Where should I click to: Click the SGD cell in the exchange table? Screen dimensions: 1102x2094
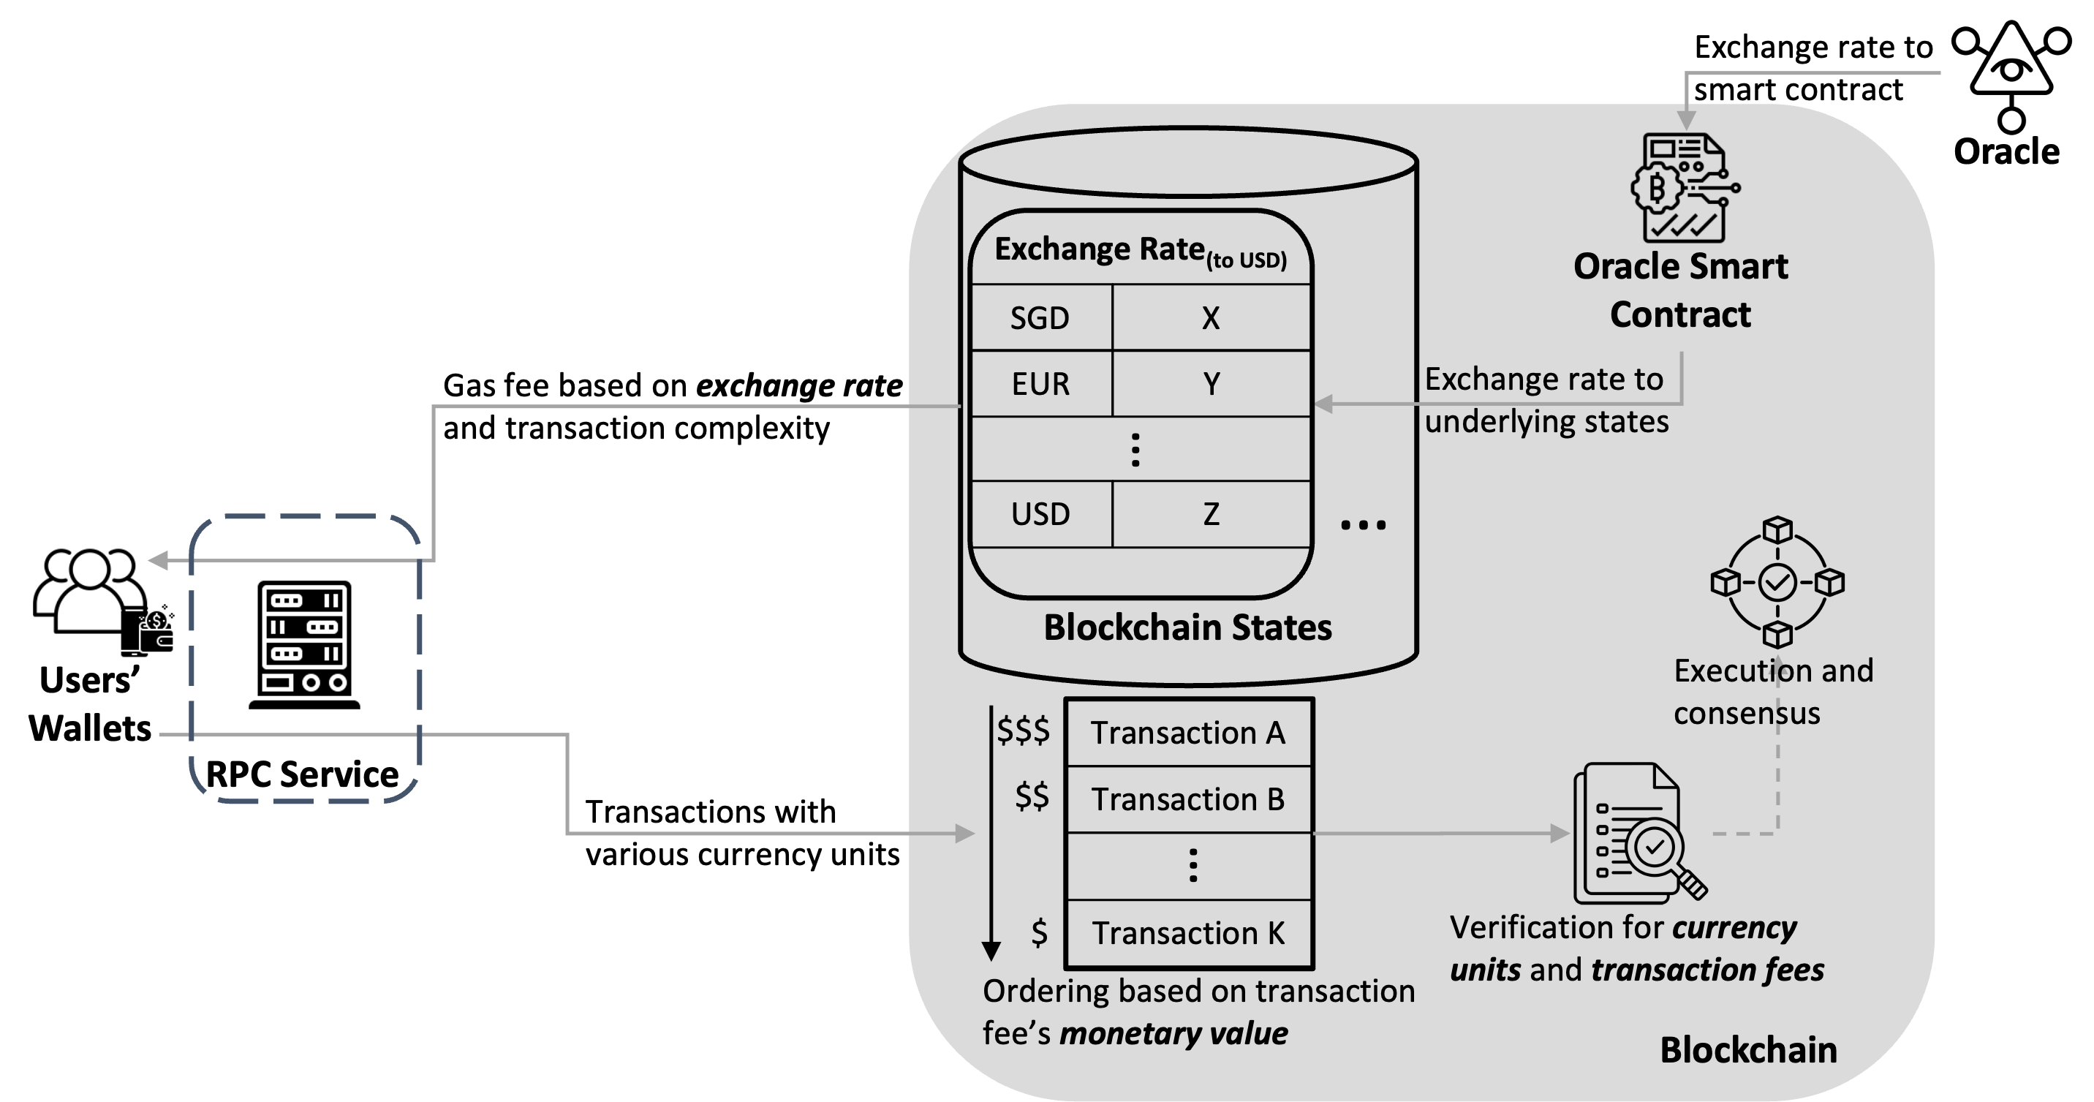click(x=1040, y=318)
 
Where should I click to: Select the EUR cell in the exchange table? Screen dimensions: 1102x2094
click(x=1040, y=384)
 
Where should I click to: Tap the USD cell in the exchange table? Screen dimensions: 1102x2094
click(x=1040, y=514)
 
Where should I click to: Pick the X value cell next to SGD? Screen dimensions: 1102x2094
click(x=1210, y=318)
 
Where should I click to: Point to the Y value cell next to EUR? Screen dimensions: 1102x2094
click(x=1210, y=384)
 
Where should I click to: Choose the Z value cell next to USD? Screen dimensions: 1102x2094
click(x=1210, y=514)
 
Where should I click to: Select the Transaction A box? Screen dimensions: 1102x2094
click(x=1187, y=733)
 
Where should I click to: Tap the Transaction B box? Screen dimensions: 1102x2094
click(x=1187, y=799)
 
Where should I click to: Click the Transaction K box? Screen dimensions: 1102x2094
click(x=1187, y=933)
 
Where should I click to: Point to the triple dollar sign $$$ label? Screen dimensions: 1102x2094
click(x=1024, y=731)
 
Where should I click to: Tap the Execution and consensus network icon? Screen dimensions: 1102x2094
click(x=1777, y=582)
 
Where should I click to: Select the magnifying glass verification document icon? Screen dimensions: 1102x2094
click(x=1638, y=833)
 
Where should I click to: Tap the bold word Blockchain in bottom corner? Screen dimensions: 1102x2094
click(x=1747, y=1050)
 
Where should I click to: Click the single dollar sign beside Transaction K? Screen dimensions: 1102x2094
click(x=1039, y=932)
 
